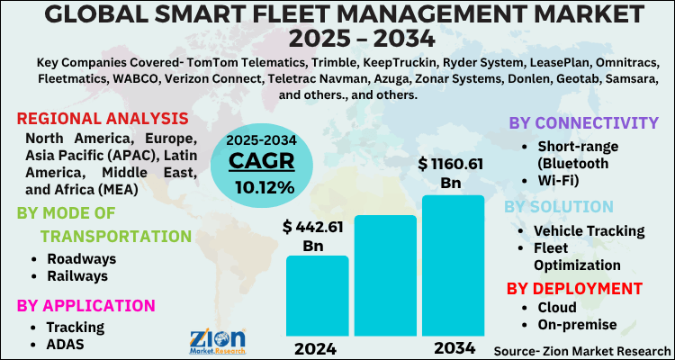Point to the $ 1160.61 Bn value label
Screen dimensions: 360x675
tap(451, 174)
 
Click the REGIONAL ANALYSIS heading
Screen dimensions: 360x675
tap(102, 119)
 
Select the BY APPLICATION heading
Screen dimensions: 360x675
tap(85, 305)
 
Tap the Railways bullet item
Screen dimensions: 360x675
tap(78, 275)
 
